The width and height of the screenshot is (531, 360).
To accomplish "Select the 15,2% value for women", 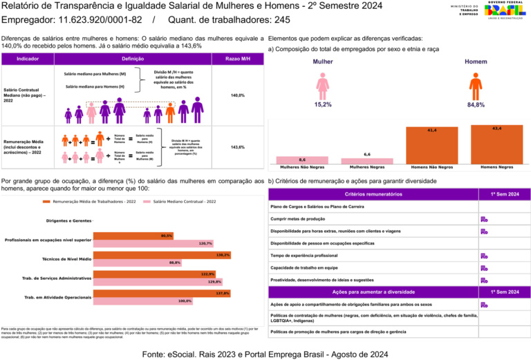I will click(x=323, y=104).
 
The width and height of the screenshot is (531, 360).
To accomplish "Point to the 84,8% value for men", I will click(x=476, y=104).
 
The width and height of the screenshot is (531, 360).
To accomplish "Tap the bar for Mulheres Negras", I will click(x=367, y=160).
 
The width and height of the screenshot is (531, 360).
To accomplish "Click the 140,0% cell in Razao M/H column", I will click(x=237, y=95).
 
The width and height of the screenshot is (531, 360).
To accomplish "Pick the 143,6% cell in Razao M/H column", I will click(x=237, y=147).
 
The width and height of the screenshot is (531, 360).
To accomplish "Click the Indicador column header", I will click(x=28, y=59).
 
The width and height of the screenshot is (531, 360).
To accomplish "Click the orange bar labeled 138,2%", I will click(x=161, y=255).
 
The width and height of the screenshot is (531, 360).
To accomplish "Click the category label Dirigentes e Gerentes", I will click(x=68, y=220).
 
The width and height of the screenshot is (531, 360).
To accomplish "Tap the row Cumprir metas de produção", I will click(x=373, y=219).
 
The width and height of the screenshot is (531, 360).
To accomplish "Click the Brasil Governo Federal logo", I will click(x=505, y=11).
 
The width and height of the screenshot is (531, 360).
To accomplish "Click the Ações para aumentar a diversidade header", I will click(x=373, y=292).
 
